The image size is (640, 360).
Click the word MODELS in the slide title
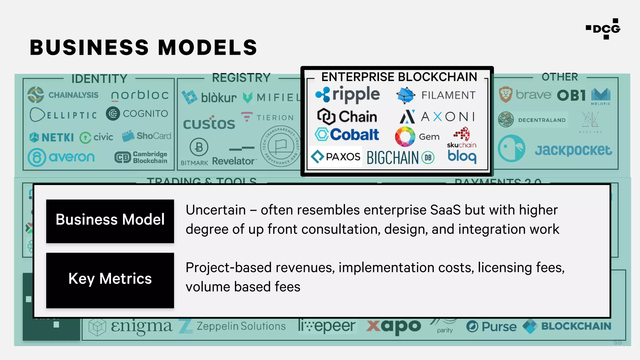point(207,47)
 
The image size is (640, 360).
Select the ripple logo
point(348,94)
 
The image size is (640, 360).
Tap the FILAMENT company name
point(448,95)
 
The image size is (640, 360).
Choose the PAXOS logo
point(336,157)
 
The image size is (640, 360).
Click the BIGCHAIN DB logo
point(400,157)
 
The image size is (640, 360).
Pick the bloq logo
point(462,156)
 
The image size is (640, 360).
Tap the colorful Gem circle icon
point(405,137)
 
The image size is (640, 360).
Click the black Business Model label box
point(110,221)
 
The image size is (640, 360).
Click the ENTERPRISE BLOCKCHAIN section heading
point(399,77)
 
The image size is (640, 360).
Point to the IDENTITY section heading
point(99,79)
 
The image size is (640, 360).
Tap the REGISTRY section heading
point(241,78)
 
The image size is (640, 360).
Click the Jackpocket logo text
point(573,150)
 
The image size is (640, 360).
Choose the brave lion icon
point(505,95)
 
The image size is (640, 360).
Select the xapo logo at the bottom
point(394,326)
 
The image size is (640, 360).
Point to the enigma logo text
point(141,326)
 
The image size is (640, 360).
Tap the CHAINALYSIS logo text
point(73,95)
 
